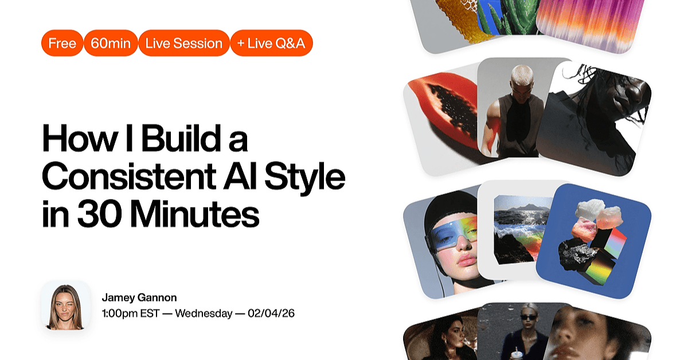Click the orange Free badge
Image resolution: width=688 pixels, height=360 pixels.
click(62, 43)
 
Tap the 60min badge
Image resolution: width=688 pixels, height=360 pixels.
click(111, 43)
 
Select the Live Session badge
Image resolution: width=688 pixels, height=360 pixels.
click(184, 43)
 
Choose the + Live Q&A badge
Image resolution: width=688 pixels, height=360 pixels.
click(272, 43)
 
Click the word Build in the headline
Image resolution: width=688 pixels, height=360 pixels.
click(181, 138)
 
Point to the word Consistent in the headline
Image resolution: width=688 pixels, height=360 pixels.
click(129, 177)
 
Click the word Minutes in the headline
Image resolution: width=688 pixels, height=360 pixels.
click(195, 213)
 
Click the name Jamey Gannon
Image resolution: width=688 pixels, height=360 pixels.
click(139, 298)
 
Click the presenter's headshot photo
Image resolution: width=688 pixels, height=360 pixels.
click(66, 306)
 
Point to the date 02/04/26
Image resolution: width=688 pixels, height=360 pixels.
click(271, 314)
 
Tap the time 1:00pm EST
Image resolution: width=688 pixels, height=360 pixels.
click(131, 314)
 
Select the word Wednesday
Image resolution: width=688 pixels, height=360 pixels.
click(204, 314)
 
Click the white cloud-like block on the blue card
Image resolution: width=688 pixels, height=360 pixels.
click(590, 209)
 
